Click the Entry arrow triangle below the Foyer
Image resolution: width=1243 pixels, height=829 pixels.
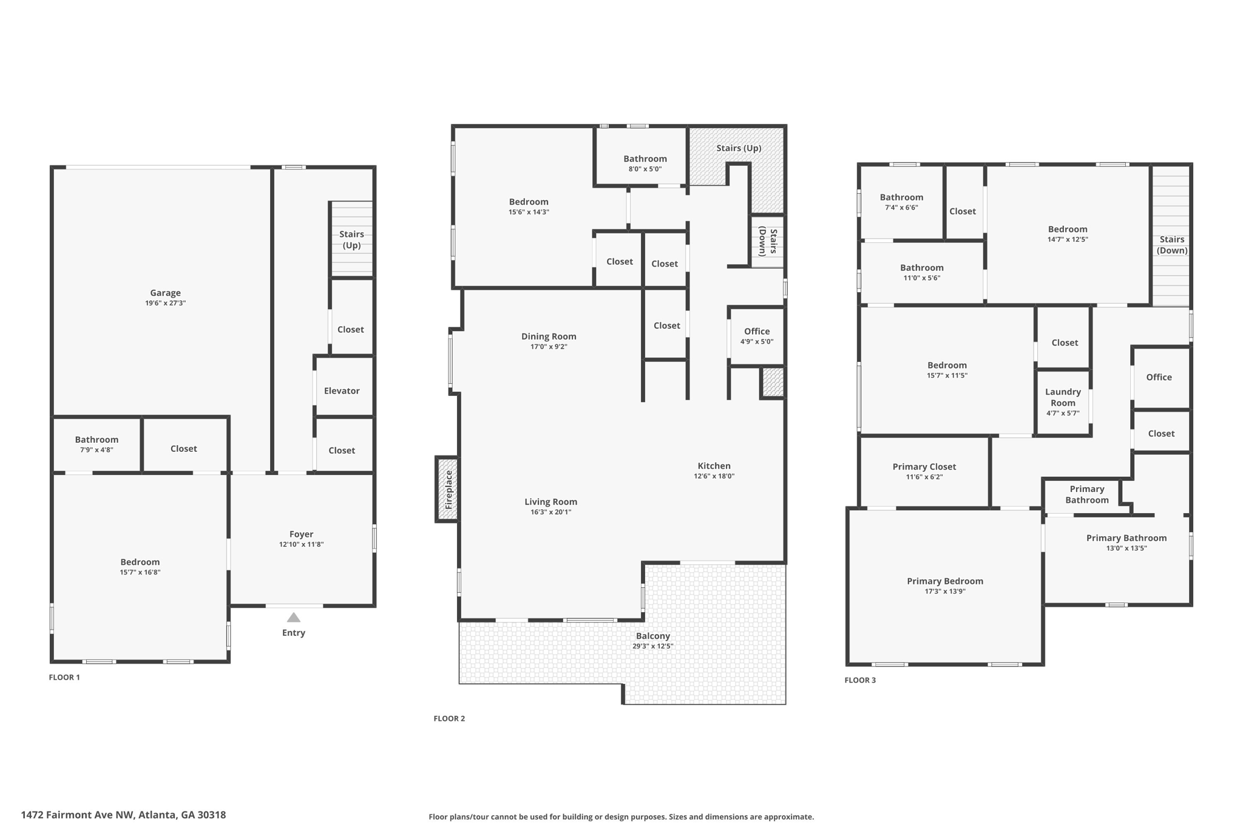(293, 618)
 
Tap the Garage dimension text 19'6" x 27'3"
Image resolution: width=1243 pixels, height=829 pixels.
(165, 303)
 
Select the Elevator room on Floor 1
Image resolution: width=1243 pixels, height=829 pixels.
(342, 391)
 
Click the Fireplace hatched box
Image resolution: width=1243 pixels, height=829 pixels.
(447, 489)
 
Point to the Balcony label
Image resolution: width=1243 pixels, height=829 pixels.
(652, 636)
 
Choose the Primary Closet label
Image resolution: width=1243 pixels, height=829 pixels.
(924, 466)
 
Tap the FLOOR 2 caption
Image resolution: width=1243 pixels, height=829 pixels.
(449, 718)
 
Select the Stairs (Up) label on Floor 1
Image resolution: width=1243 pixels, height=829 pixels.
(351, 239)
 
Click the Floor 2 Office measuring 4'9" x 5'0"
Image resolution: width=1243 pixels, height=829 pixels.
(756, 336)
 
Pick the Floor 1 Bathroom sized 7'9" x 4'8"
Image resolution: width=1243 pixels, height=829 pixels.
(97, 444)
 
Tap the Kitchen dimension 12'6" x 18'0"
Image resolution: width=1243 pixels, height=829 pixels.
(714, 476)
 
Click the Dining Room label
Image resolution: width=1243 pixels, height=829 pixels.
(549, 336)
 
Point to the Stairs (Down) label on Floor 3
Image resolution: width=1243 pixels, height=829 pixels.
(1171, 245)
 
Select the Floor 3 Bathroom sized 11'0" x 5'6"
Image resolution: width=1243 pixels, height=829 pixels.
(921, 272)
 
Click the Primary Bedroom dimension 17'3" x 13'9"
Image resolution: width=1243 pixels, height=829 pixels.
(945, 592)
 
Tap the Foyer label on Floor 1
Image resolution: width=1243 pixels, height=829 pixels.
(301, 534)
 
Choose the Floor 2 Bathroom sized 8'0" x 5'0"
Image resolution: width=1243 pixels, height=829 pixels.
(645, 163)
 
